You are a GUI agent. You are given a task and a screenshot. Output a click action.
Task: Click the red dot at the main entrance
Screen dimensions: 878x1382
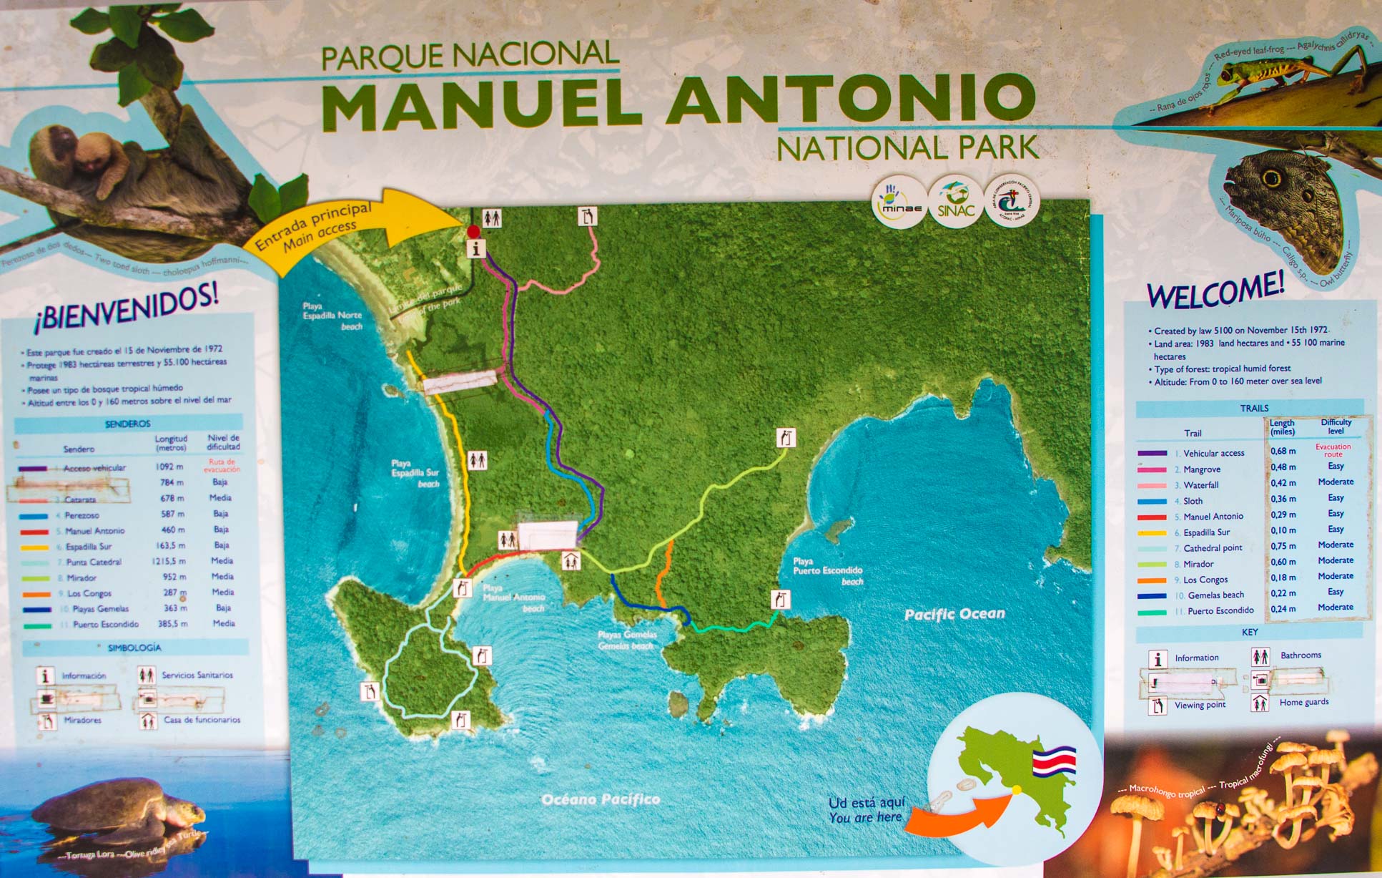[x=473, y=231]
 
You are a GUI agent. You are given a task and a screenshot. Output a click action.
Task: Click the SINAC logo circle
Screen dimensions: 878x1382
[x=956, y=202]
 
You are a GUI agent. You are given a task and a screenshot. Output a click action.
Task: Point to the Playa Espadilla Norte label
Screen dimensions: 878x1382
[x=332, y=316]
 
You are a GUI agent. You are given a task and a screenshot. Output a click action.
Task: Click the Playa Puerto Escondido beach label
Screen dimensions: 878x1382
[x=827, y=571]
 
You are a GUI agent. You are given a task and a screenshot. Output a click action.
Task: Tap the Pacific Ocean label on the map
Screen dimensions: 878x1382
[x=954, y=614]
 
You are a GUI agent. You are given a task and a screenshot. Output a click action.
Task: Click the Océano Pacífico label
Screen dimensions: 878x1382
[x=601, y=799]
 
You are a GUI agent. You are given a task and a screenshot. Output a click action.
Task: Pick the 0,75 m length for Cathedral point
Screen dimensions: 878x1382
[x=1283, y=546]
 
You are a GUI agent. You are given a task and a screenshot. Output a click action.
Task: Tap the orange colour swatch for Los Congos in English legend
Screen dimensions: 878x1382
[x=1152, y=580]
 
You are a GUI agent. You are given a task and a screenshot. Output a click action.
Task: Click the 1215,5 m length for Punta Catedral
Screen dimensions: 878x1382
[x=169, y=562]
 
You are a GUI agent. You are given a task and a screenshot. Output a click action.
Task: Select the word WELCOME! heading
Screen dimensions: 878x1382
[x=1215, y=291]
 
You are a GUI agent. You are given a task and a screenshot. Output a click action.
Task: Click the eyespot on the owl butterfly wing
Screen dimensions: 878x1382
[x=1271, y=177]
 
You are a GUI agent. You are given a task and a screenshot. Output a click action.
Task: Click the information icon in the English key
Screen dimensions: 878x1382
[x=1158, y=658]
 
